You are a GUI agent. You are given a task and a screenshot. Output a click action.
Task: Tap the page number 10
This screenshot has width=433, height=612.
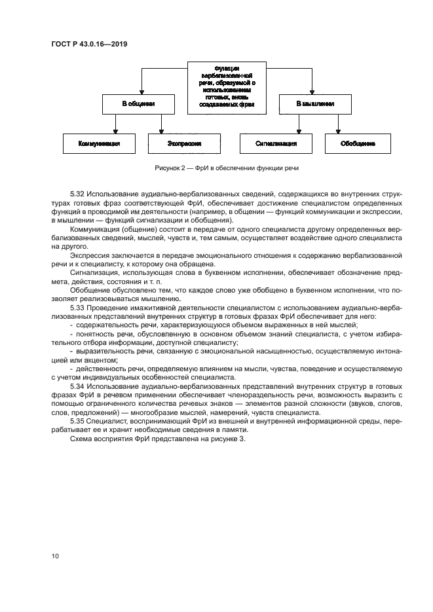pyautogui.click(x=55, y=556)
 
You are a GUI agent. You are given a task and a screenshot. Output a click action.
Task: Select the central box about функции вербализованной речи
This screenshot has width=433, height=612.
pyautogui.click(x=227, y=86)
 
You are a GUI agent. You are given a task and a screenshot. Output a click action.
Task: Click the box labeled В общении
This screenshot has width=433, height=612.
pyautogui.click(x=138, y=104)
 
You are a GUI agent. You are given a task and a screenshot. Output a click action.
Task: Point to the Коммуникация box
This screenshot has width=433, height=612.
pyautogui.click(x=98, y=143)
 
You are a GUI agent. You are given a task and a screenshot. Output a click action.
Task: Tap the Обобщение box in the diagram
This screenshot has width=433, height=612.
pyautogui.click(x=358, y=143)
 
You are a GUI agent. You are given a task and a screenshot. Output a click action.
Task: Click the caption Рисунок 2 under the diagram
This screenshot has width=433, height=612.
pyautogui.click(x=227, y=168)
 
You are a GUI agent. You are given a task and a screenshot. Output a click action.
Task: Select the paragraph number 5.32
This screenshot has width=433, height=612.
pyautogui.click(x=77, y=195)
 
